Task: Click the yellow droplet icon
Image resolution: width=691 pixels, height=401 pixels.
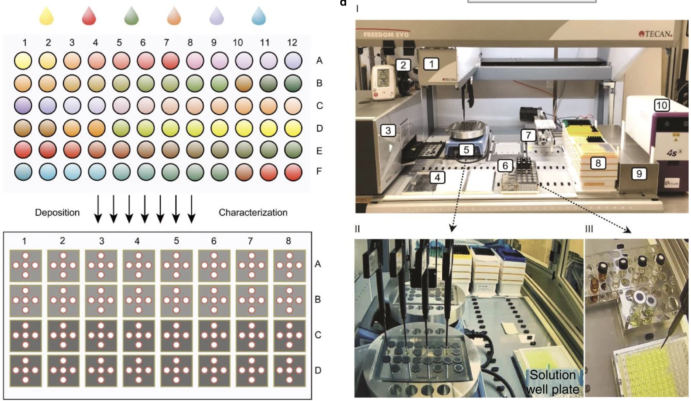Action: pos(46,17)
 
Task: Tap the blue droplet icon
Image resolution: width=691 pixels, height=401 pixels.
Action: pos(259,17)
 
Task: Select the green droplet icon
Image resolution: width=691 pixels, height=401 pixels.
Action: pos(131,17)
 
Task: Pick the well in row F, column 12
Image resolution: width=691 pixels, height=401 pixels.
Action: pos(293,172)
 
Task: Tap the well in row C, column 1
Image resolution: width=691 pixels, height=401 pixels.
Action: pos(23,106)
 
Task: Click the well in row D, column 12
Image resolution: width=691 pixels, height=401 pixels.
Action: pos(293,128)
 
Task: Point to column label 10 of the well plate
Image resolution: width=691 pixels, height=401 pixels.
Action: pos(238,42)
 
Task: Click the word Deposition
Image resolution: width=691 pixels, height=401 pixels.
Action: pos(57,212)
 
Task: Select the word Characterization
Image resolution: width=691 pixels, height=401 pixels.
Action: pos(253,212)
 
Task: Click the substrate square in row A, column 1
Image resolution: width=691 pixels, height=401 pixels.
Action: pos(25,265)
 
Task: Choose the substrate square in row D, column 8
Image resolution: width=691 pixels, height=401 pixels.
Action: pos(289,370)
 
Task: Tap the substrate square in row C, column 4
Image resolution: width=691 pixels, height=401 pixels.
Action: pos(138,335)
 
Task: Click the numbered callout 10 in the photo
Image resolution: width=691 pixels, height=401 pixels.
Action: pos(661,105)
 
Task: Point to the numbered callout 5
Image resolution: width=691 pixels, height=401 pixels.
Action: pos(466,150)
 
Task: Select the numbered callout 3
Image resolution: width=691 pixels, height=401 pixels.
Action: pos(388,130)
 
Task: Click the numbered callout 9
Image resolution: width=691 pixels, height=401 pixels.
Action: pos(639,174)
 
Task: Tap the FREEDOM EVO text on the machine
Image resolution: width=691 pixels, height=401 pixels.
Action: pos(386,35)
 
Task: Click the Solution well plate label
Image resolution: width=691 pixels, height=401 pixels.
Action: pos(552,382)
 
